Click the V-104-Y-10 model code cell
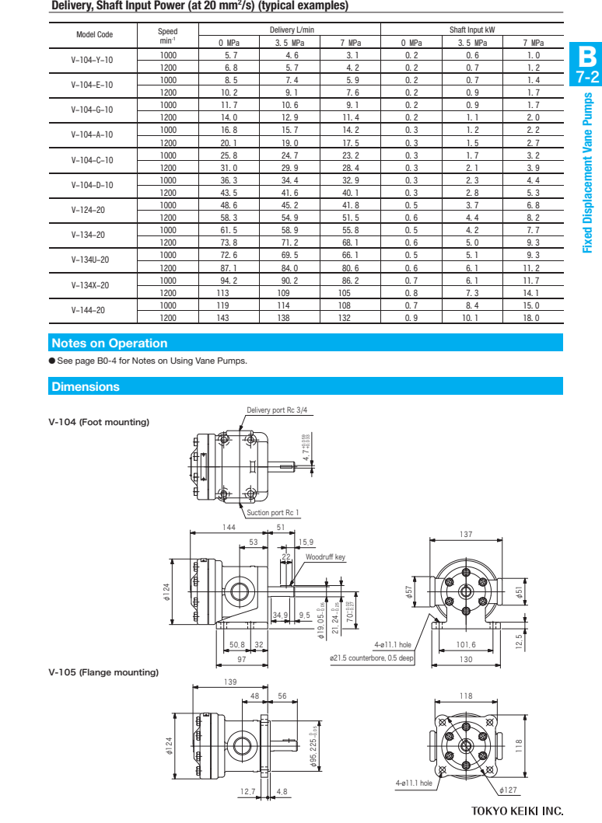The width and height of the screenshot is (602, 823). point(92,61)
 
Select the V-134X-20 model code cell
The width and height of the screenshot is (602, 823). point(92,285)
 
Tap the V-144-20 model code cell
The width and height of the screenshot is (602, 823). point(92,311)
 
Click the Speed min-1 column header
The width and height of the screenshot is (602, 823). point(168,36)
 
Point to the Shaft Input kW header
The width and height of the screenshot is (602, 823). point(471,30)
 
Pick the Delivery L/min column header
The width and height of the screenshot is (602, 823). point(289,30)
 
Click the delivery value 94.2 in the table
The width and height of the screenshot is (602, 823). point(229,280)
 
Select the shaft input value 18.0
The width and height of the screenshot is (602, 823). point(532,318)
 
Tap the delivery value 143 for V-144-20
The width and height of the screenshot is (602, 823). point(229,318)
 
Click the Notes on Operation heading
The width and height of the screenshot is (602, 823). point(109,343)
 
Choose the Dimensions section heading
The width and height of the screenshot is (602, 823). point(86,386)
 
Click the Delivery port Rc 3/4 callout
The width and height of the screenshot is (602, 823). point(277,410)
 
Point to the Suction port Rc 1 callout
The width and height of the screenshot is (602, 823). point(273,512)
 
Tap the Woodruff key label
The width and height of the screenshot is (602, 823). point(325,557)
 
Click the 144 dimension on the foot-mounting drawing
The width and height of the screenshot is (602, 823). point(229,527)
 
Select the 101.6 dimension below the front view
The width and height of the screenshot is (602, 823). point(466,644)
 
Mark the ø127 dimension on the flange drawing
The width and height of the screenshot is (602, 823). point(509,790)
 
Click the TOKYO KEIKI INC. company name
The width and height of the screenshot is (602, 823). point(517,811)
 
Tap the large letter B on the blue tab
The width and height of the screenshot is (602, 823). point(586,57)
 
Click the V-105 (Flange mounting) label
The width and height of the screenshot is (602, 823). point(103,672)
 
